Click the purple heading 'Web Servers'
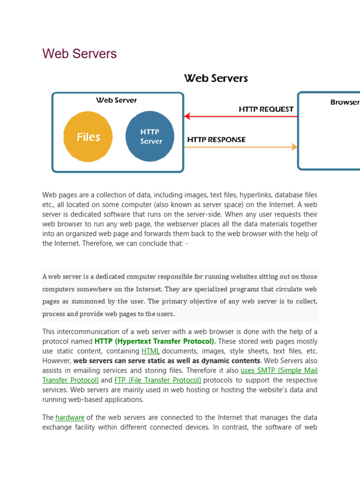point(79,54)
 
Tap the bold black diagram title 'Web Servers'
point(216,78)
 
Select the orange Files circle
point(88,136)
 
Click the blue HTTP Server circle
point(150,136)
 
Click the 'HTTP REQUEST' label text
point(266,109)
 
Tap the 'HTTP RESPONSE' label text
point(216,140)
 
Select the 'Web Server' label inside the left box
point(116,100)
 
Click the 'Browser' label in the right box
point(345,102)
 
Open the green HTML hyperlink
point(150,351)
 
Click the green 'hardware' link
point(70,417)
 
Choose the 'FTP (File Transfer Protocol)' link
point(157,380)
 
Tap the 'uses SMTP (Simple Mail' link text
point(279,370)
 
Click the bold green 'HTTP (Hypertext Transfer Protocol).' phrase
point(155,341)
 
